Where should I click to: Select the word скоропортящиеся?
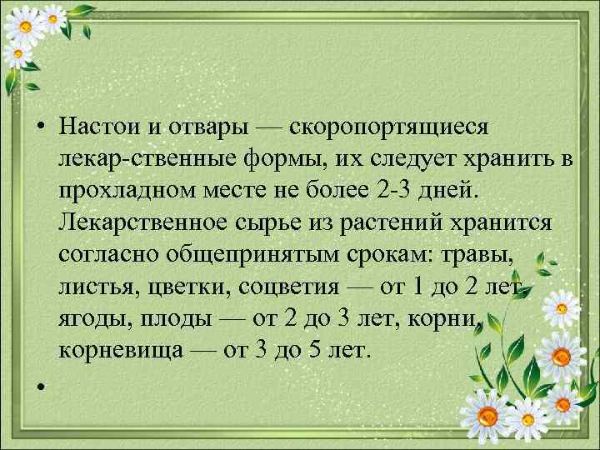pyautogui.click(x=392, y=127)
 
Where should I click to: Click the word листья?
pyautogui.click(x=96, y=287)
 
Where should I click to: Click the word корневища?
pyautogui.click(x=117, y=350)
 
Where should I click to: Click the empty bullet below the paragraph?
pyautogui.click(x=39, y=387)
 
